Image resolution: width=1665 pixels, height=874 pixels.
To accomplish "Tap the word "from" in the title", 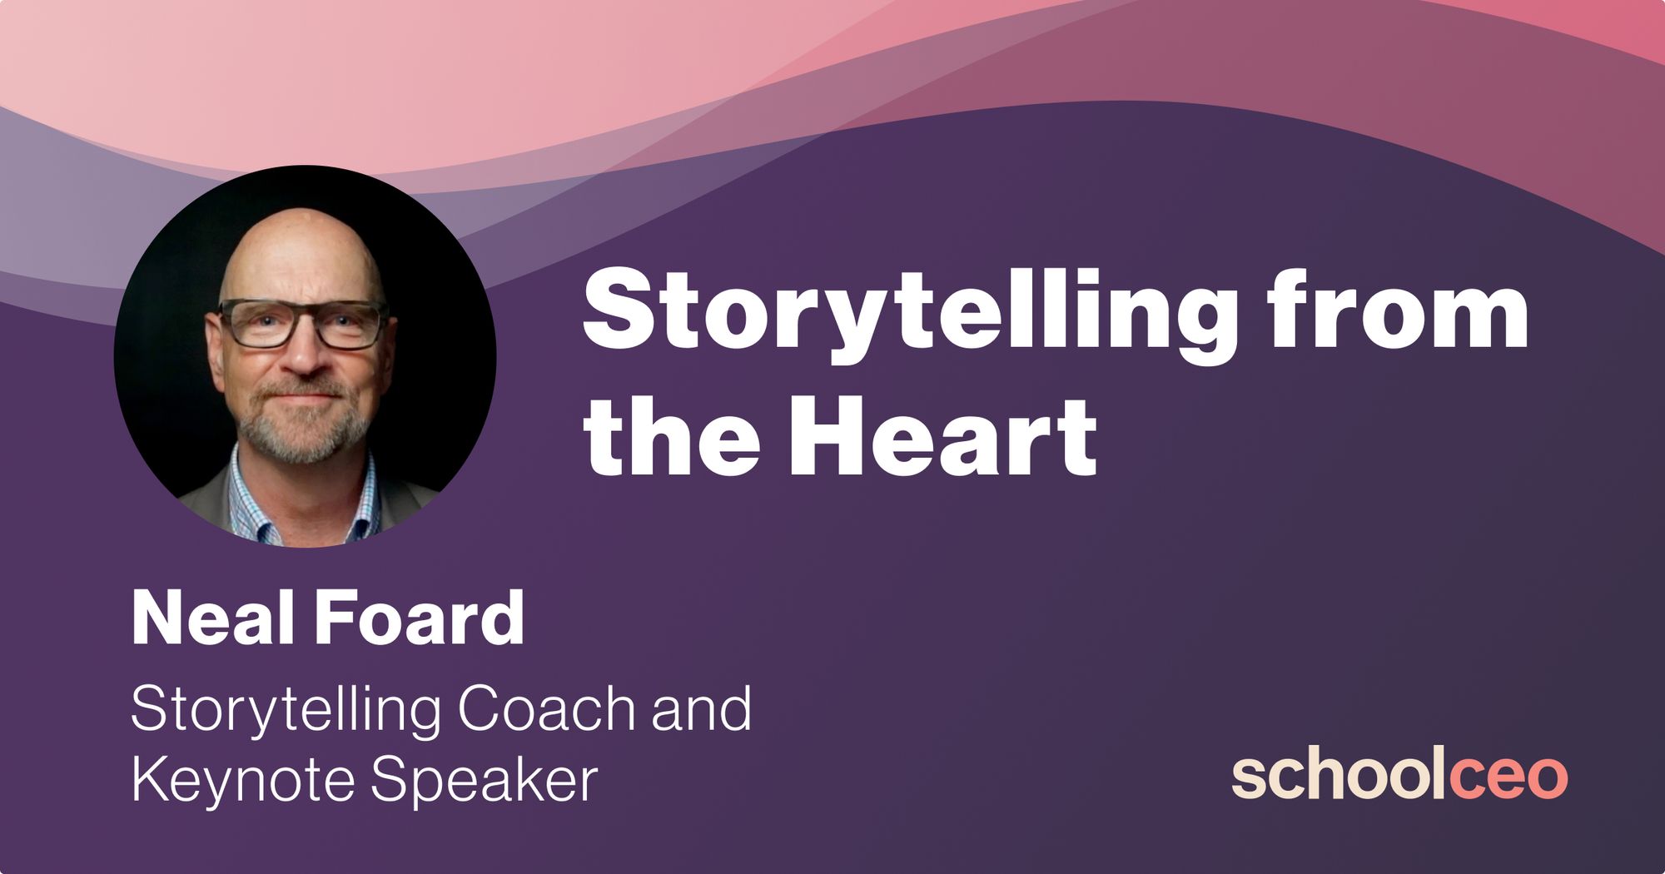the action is tap(1398, 307).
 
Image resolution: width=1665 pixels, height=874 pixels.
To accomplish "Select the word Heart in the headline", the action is tap(942, 435).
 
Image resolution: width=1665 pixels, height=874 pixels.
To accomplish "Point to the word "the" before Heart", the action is tap(671, 435).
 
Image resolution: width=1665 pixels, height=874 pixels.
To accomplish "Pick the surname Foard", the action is tap(420, 618).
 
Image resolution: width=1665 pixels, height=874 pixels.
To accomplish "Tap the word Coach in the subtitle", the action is tap(547, 709).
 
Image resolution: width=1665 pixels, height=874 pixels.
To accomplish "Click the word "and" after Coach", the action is tap(702, 709).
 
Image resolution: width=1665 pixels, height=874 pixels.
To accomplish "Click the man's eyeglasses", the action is tap(303, 324).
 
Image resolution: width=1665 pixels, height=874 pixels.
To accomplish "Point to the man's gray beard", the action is tap(303, 425).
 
